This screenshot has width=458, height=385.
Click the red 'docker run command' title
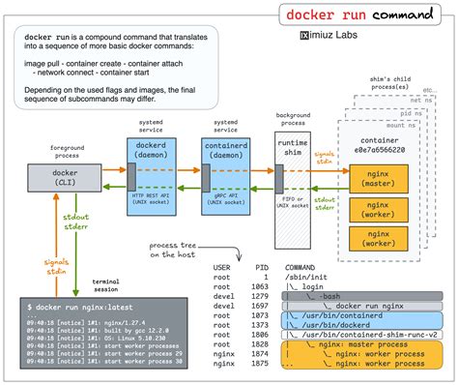pos(360,16)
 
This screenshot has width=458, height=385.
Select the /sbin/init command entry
pos(306,276)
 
